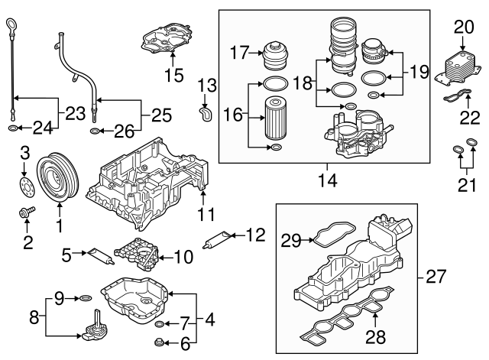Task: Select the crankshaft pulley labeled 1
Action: [x=58, y=178]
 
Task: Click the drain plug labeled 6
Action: [x=160, y=341]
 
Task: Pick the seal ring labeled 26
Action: [x=93, y=131]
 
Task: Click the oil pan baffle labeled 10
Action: [x=138, y=255]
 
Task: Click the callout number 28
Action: [x=374, y=336]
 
